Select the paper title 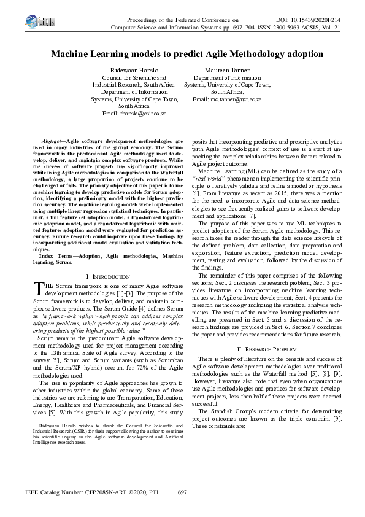(x=182, y=55)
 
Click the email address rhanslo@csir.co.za (x=134, y=114)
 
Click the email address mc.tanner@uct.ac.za (x=227, y=99)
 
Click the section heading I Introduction (x=108, y=277)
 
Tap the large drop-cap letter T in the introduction (x=39, y=289)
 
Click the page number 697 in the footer (x=182, y=492)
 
